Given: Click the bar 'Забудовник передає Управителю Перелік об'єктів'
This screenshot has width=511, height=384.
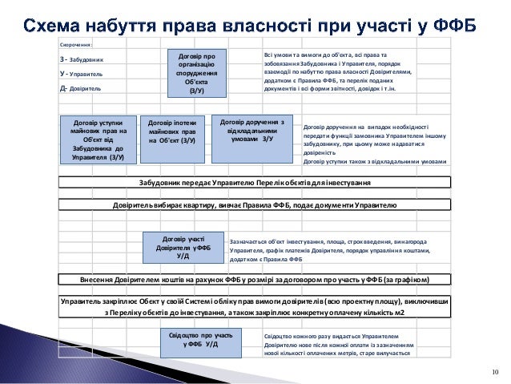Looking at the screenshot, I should click(x=255, y=182).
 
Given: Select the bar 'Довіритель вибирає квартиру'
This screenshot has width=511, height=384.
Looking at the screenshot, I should click(x=255, y=205).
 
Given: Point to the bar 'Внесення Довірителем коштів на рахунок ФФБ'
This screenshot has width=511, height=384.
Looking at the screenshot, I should click(x=255, y=279).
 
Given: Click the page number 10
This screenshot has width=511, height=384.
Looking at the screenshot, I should click(x=494, y=370).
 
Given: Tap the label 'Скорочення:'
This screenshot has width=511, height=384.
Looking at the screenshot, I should click(x=76, y=46).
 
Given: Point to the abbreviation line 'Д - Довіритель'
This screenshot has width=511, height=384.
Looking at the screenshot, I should click(x=80, y=88).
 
